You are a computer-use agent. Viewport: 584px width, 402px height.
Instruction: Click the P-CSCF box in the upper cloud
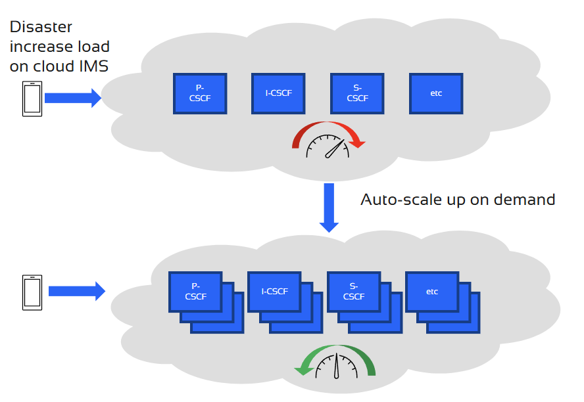(200, 93)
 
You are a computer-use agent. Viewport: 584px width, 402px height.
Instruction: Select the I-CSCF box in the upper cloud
(278, 93)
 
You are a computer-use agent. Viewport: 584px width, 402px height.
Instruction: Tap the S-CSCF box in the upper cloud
(357, 93)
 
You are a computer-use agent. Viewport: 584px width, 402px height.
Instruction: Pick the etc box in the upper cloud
(435, 93)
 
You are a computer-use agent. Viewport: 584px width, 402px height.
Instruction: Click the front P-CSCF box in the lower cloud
(195, 291)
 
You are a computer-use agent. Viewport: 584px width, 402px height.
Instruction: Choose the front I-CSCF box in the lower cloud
(274, 291)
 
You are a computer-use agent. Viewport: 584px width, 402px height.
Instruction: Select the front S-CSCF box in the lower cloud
(353, 291)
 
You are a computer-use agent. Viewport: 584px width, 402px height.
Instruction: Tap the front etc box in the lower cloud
(432, 291)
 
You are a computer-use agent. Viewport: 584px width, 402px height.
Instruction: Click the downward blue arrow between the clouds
(329, 207)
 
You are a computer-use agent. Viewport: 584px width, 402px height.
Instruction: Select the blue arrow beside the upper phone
(72, 99)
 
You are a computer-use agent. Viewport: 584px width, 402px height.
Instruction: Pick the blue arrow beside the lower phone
(76, 291)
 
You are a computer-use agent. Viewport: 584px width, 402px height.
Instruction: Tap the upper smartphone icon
(32, 99)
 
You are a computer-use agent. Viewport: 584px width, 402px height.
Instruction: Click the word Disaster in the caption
(41, 27)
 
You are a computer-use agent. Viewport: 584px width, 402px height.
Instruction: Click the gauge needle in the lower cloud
(337, 368)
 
